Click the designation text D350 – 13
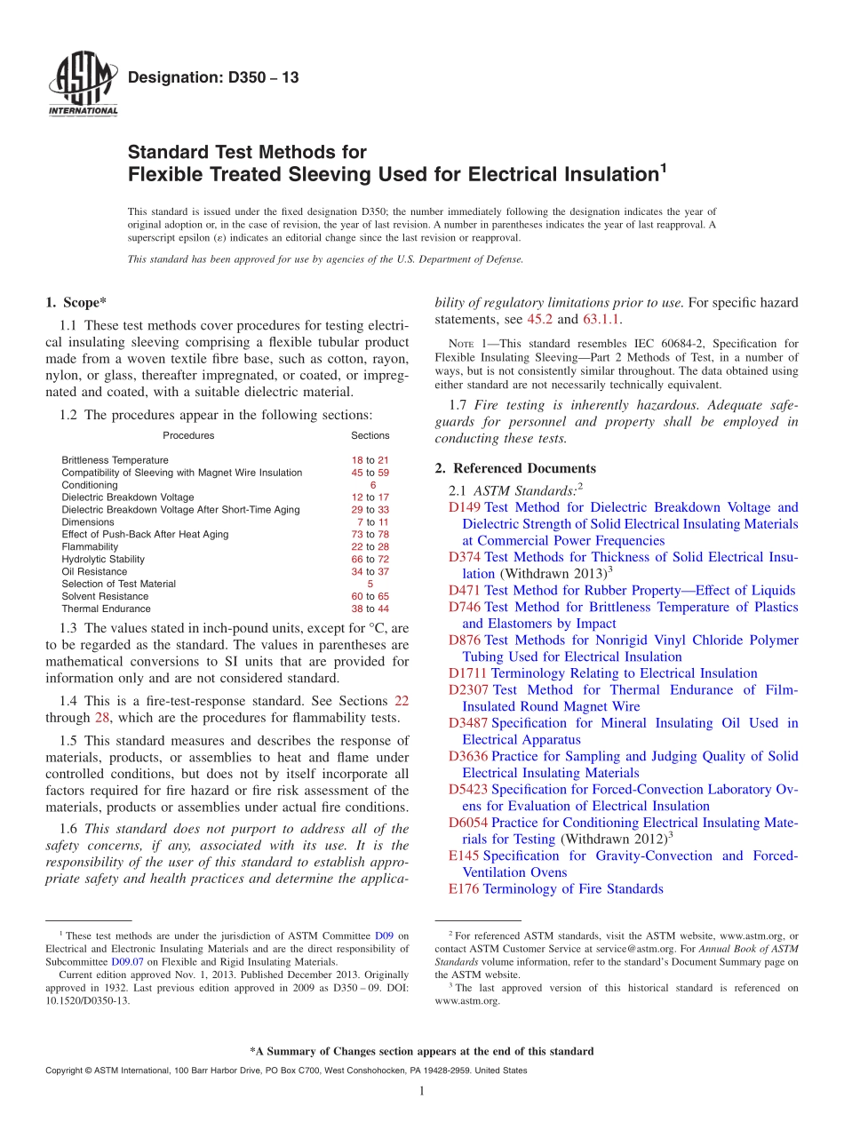tap(213, 78)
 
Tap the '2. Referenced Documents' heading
tap(515, 468)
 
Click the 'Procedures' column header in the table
tap(188, 435)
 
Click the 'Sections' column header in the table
tap(370, 435)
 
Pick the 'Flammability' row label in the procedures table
tap(90, 547)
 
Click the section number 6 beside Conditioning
tap(372, 485)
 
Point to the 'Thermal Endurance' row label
tap(106, 609)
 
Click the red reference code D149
tap(465, 507)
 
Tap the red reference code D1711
tap(468, 673)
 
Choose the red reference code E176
tap(464, 889)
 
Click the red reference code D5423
tap(468, 790)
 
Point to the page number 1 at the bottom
tap(422, 1091)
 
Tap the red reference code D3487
tap(468, 723)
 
